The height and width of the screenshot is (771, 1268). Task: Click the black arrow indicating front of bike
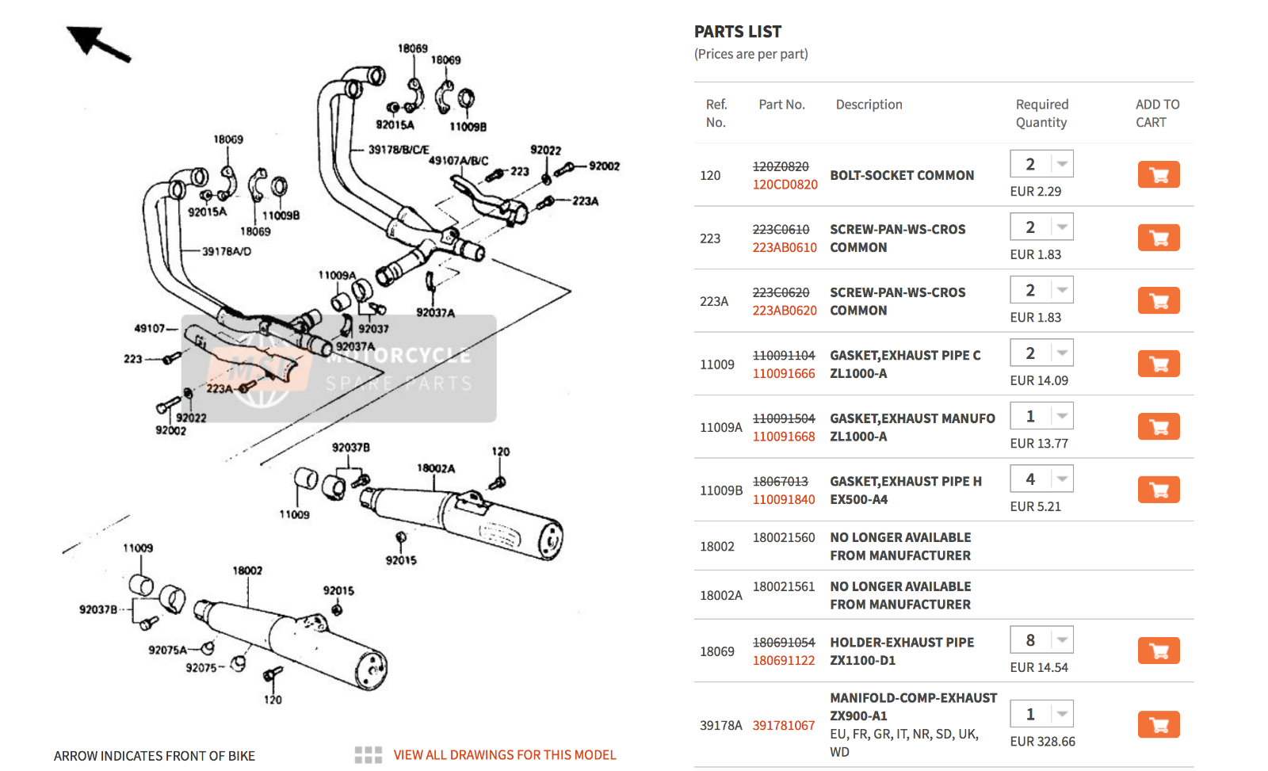pos(97,43)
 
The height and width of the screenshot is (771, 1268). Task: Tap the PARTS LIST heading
pos(737,32)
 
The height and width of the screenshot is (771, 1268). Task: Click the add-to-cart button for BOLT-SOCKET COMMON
pos(1158,174)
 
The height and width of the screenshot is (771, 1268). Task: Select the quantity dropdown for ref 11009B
pos(1041,479)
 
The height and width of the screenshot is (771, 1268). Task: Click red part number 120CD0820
pos(785,185)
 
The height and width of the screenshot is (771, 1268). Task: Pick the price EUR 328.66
pos(1042,742)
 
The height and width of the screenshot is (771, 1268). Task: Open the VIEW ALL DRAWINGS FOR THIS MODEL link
pos(504,755)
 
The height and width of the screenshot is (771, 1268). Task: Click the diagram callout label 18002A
pos(436,468)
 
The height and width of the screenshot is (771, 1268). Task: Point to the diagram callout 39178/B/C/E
pos(399,150)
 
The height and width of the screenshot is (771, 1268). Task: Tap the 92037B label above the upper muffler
pos(350,448)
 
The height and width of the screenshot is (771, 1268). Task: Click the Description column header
pos(869,105)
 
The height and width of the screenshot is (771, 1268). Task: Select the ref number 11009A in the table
pos(720,428)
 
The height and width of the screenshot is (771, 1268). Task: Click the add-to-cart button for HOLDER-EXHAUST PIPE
pos(1158,651)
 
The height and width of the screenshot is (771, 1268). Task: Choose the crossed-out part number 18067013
pos(780,482)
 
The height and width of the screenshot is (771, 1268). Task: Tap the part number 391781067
pos(783,726)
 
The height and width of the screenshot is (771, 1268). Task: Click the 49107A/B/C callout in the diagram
pos(458,161)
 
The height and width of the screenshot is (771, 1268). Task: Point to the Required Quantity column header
pos(1041,113)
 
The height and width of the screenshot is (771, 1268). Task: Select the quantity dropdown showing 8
pos(1041,640)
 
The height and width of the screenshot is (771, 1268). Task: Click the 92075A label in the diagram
pos(167,651)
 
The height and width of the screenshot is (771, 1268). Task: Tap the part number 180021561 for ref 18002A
pos(783,587)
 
